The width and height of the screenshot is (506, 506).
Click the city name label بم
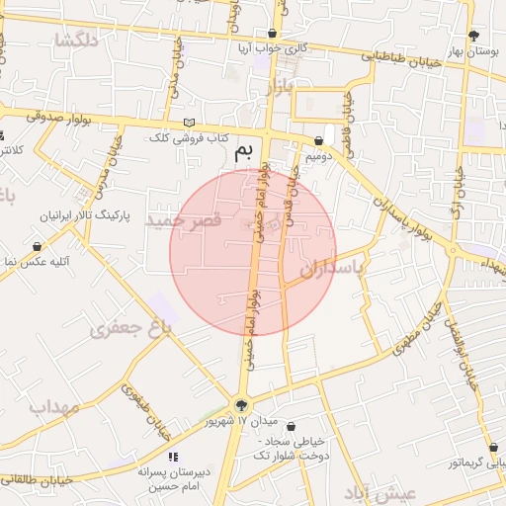[x=243, y=152]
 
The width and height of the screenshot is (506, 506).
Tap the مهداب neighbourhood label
[x=40, y=406]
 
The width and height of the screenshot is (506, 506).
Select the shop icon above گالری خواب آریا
[x=273, y=32]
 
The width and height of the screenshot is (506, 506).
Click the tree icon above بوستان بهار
[x=476, y=33]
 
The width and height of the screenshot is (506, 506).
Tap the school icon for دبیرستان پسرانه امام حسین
[x=173, y=457]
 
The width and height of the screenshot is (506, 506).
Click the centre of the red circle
[x=253, y=252]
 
